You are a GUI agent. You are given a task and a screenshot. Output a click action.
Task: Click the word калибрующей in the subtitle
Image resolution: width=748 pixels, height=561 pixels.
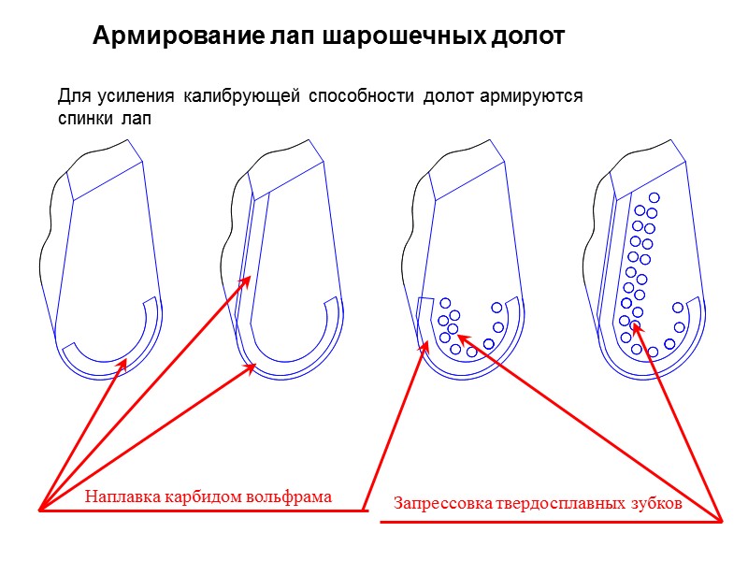240,95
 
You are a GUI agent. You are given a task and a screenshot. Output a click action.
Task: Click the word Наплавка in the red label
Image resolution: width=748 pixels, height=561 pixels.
122,496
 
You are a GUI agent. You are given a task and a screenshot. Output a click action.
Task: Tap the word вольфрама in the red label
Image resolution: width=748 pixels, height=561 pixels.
290,496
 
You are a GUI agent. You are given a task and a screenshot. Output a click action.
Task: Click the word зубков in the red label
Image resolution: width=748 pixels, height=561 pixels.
654,503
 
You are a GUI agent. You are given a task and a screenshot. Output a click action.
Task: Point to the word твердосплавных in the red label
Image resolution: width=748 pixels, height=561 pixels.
558,503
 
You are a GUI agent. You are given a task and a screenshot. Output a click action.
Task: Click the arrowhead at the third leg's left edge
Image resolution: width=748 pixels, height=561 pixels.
417,343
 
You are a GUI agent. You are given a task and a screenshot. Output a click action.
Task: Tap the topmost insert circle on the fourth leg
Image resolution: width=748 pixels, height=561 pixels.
654,197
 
